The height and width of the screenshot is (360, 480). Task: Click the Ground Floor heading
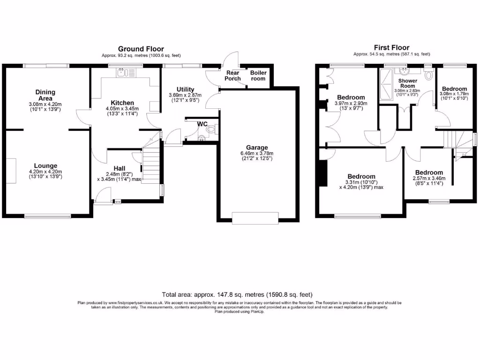(x=141, y=49)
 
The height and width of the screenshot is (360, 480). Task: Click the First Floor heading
(x=391, y=47)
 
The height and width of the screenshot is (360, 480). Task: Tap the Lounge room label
(x=45, y=165)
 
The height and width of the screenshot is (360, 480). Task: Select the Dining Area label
(x=45, y=95)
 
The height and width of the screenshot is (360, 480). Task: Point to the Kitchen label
(x=122, y=103)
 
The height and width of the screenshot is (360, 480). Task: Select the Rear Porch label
(x=233, y=75)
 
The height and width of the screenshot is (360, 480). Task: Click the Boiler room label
(x=258, y=75)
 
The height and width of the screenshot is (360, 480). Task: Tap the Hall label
(x=119, y=168)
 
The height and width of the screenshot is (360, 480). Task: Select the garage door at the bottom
(x=256, y=217)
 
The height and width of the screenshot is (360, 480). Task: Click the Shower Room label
(x=408, y=83)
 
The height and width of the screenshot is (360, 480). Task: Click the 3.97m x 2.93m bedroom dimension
(x=351, y=104)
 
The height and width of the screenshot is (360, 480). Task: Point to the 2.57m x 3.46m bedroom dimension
(x=428, y=178)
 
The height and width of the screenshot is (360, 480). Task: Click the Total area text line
(x=237, y=295)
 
